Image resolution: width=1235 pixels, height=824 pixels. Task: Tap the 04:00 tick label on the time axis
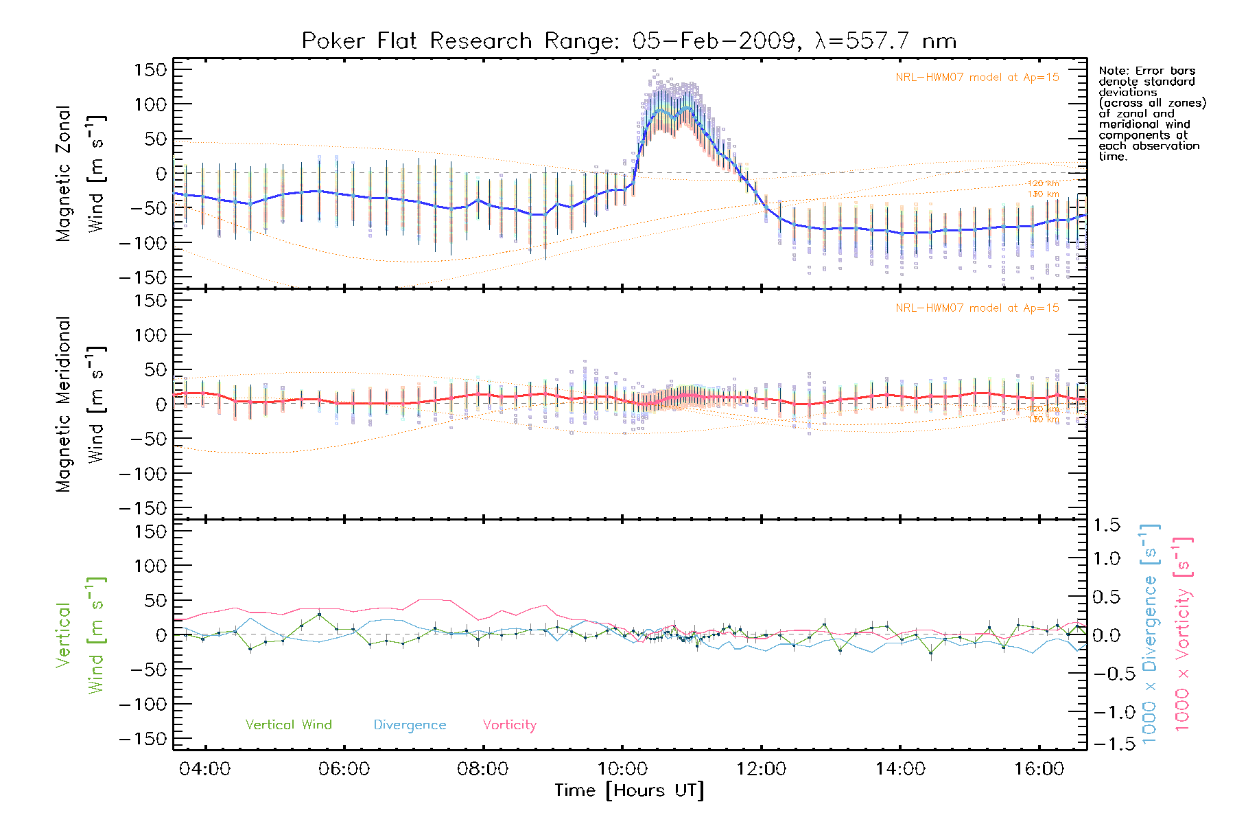click(204, 769)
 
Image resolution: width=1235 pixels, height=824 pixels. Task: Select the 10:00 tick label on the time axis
click(622, 769)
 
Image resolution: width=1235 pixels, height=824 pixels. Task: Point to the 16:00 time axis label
click(1039, 769)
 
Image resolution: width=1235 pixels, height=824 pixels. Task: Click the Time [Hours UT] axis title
click(629, 791)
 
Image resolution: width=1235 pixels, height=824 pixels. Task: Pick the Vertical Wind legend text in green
click(288, 725)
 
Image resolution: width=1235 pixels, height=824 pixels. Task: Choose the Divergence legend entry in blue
click(410, 725)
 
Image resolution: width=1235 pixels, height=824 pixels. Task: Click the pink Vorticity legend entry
click(509, 725)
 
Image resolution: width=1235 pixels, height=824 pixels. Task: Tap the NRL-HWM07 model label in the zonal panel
click(977, 78)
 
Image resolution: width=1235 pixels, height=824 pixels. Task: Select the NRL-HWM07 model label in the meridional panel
click(977, 308)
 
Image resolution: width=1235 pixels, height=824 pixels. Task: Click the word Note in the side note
click(1111, 71)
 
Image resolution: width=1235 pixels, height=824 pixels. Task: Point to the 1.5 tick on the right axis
click(1106, 525)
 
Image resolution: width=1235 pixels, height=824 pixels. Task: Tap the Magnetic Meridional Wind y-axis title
click(81, 404)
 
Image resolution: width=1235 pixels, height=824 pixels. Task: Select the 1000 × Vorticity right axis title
click(1183, 634)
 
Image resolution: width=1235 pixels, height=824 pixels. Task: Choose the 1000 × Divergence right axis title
click(1150, 634)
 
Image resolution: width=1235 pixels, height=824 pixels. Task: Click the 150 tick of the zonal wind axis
click(150, 70)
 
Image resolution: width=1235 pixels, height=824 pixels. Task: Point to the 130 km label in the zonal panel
click(1043, 194)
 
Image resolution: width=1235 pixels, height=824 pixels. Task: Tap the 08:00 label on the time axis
click(482, 769)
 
